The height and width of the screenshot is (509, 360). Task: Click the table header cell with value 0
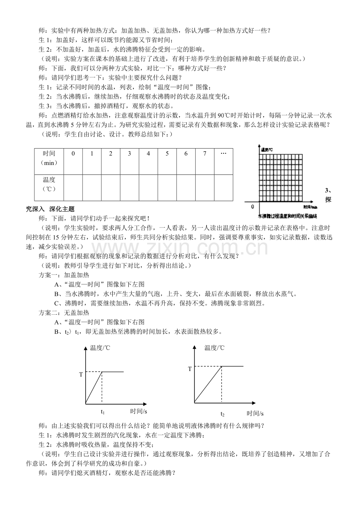coord(73,154)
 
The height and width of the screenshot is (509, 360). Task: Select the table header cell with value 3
coord(130,154)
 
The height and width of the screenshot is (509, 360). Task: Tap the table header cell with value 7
coord(205,154)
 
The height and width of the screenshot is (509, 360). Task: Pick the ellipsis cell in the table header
coord(223,154)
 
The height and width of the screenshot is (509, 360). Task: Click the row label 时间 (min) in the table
coord(49,158)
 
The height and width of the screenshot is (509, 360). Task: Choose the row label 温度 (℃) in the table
coord(49,184)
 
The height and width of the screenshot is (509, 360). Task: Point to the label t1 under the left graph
coord(103,412)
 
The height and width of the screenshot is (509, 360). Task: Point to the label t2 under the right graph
coord(222,414)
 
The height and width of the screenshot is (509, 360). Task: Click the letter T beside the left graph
coord(81,375)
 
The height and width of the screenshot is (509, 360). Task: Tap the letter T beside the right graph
coord(190,369)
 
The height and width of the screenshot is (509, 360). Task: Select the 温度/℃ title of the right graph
coord(214,348)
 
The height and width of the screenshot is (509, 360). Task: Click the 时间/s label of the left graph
coord(139,411)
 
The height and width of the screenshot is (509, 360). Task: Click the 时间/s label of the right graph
coord(255,413)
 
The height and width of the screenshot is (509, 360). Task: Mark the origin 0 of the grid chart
coord(252,206)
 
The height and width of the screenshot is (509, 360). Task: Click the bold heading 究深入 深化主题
coord(50,209)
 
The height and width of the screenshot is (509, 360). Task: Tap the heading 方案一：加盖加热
coord(64,275)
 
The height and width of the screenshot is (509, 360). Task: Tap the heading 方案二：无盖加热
coord(64,313)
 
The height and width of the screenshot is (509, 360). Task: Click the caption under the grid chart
coord(287,216)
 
